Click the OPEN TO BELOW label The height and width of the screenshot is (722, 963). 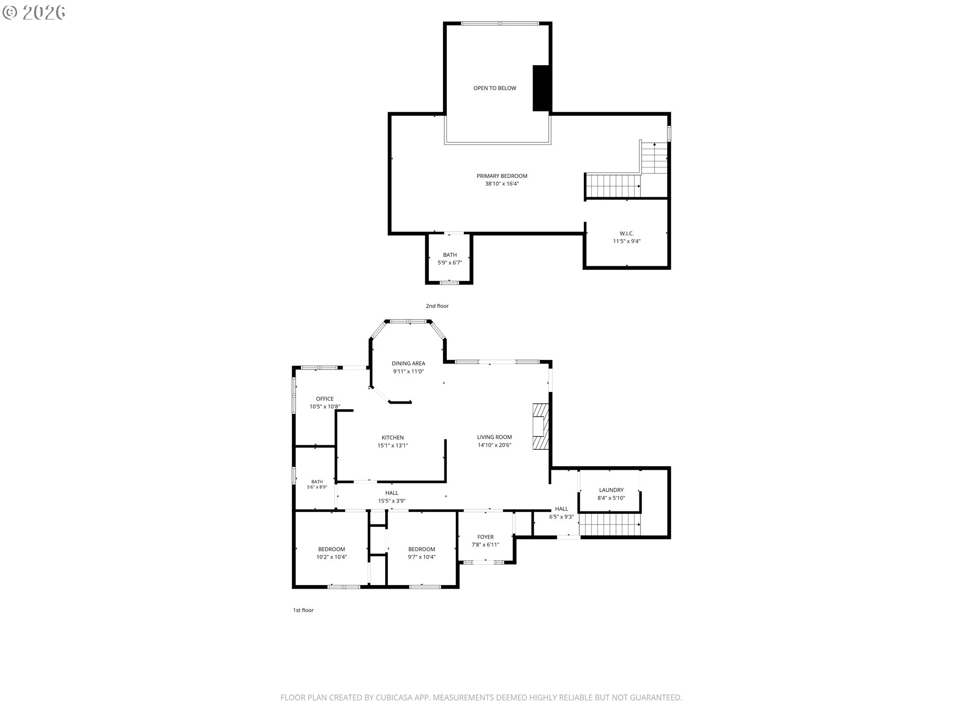coord(495,88)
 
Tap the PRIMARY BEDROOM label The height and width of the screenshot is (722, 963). coord(502,176)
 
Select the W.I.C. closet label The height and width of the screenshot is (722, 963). coord(626,234)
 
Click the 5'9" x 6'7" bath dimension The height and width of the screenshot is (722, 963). coord(450,263)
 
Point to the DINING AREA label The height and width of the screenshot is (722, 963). coord(408,364)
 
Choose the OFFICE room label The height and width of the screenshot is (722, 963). coord(325,399)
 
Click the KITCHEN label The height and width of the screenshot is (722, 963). coord(392,438)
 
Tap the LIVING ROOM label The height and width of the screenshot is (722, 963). coord(494,437)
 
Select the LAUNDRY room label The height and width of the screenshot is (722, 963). coord(611,490)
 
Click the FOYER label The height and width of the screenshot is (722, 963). coord(485,537)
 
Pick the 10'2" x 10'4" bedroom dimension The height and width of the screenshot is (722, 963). coord(331,557)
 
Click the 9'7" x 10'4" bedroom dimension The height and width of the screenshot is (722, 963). coord(421,557)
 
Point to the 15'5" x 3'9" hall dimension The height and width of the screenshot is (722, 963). coord(392,501)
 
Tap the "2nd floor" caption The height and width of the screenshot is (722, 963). coord(437,306)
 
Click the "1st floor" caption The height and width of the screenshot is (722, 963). coord(303,610)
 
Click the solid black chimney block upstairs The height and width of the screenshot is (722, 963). coord(541,88)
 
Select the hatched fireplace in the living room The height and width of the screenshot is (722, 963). coord(541,427)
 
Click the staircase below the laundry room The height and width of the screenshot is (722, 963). coord(610,524)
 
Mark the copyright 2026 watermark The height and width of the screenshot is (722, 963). coord(34,13)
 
